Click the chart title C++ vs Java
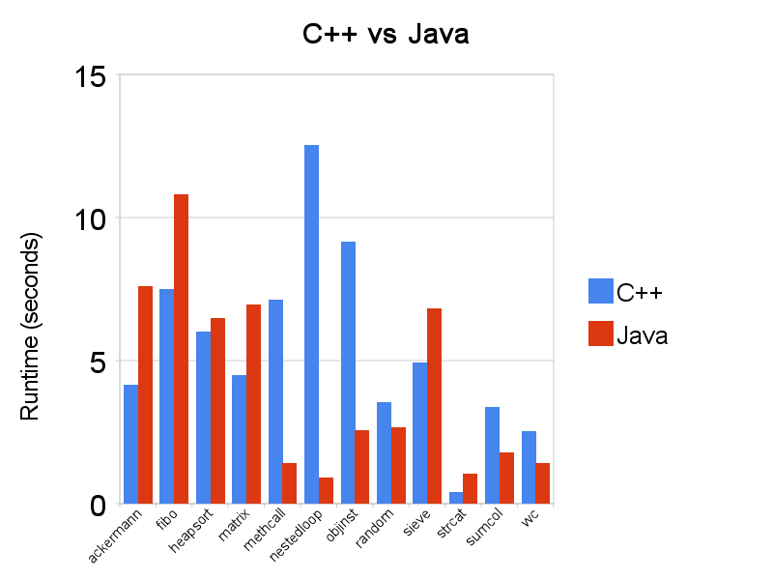click(386, 36)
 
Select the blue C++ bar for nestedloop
click(311, 324)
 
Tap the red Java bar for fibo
click(181, 349)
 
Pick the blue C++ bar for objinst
click(348, 372)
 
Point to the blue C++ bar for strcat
click(456, 498)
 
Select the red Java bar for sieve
click(435, 406)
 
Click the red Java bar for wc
click(543, 483)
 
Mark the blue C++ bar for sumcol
click(493, 455)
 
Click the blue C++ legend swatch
click(601, 291)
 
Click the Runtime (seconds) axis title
click(30, 327)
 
